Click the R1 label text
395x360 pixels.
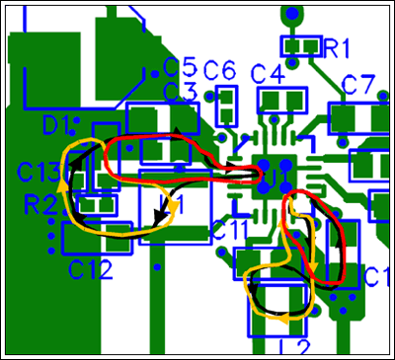[338, 46]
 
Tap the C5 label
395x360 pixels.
[179, 67]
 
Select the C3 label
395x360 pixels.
[179, 92]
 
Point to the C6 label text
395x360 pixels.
[219, 71]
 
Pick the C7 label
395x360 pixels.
[357, 84]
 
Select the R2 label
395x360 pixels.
[40, 205]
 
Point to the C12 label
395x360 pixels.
[90, 266]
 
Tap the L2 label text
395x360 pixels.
[295, 346]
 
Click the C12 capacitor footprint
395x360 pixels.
[91, 237]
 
